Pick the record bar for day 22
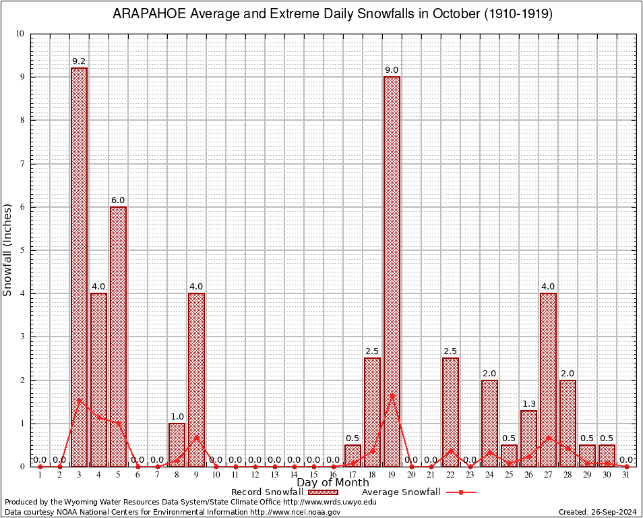tap(450, 411)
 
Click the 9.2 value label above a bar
tap(79, 61)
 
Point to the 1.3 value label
tap(528, 404)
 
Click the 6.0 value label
tap(118, 200)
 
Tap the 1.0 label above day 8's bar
tap(177, 417)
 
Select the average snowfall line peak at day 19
tap(392, 395)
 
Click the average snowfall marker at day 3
tap(79, 399)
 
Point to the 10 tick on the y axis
tap(20, 34)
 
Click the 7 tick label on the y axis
tap(22, 164)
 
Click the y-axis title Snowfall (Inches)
tap(8, 250)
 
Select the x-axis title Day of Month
tap(332, 482)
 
